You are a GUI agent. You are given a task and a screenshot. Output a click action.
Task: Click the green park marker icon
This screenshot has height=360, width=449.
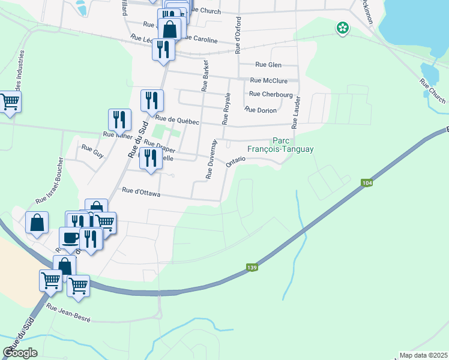point(343,27)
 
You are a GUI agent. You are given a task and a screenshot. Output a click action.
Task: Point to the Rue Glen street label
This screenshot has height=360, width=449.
point(268,65)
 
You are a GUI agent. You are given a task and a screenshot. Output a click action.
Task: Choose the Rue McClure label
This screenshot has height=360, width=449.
point(268,80)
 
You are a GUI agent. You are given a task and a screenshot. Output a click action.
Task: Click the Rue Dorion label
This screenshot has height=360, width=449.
point(261,110)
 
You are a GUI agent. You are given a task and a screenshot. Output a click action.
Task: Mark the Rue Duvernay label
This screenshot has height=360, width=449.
point(211,159)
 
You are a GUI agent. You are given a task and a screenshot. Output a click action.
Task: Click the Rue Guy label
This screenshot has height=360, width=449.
point(92,150)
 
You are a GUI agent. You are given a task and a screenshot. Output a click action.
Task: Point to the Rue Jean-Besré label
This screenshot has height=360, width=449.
point(68,314)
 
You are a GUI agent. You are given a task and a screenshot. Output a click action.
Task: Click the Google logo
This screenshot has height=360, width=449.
point(20,353)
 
